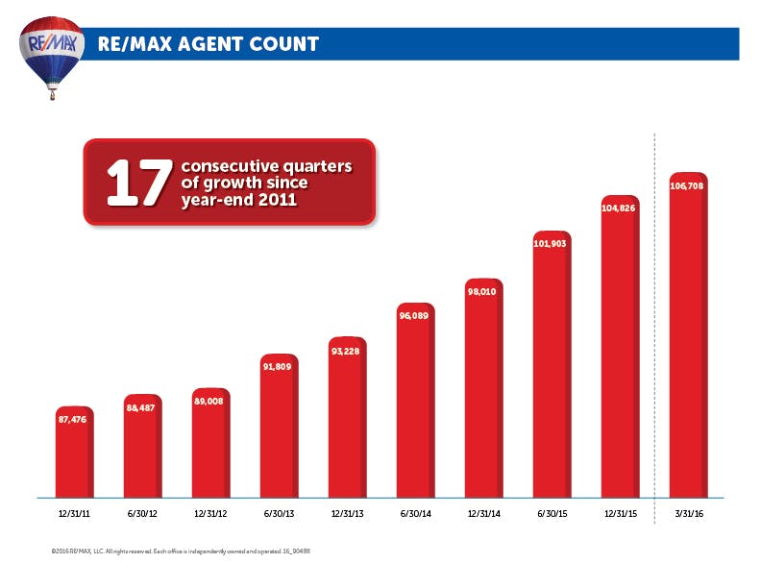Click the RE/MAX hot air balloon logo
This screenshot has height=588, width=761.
point(52,53)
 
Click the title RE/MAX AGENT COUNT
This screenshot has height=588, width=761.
point(208,44)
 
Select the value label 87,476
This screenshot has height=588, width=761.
point(74,419)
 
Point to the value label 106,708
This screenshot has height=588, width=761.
point(687,184)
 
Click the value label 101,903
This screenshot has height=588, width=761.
point(552,243)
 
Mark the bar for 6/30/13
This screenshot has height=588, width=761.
point(279,432)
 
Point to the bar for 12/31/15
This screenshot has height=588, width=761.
point(620,355)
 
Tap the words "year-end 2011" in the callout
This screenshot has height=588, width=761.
point(239,202)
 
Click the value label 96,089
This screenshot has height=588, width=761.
point(415,314)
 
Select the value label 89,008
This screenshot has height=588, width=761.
point(210,402)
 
